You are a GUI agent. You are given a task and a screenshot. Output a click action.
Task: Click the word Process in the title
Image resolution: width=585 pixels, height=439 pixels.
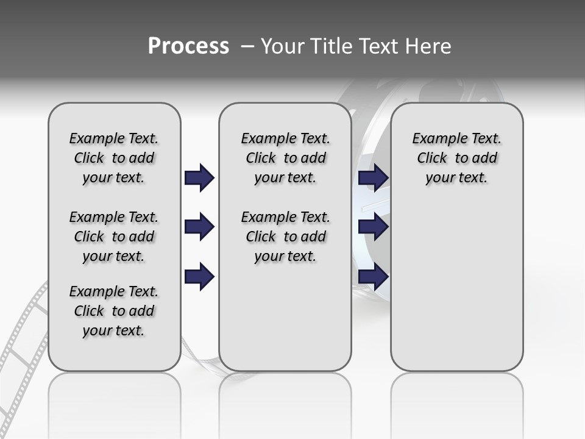pos(188,46)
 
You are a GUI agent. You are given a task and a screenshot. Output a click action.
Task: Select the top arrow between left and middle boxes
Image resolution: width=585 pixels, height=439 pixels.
pos(199,178)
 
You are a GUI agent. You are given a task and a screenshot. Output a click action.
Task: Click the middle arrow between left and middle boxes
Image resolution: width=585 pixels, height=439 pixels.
pos(199,227)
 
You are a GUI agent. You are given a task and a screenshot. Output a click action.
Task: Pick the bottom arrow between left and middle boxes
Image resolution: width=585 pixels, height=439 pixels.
pos(199,276)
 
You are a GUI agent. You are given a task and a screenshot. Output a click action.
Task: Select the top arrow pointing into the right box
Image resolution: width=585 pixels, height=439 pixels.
pos(374,178)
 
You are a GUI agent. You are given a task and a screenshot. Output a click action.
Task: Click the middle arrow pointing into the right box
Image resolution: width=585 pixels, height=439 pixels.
pos(374,227)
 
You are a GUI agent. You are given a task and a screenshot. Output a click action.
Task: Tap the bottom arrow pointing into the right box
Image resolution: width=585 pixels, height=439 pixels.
pos(374,276)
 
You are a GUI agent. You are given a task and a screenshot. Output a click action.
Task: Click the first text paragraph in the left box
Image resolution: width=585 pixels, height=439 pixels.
pos(114,158)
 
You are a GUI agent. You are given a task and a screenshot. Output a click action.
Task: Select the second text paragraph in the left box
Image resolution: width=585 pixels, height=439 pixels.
pos(114,237)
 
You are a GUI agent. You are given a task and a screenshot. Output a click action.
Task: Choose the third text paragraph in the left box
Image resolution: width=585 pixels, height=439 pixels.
pos(114,311)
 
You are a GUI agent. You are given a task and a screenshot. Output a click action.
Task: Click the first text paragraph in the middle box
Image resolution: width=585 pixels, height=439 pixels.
pos(285,158)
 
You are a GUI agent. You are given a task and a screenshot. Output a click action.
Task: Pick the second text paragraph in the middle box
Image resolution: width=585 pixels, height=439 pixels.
pos(285,237)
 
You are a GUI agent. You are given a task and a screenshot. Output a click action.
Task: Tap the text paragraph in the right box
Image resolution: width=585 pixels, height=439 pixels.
pos(456,158)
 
